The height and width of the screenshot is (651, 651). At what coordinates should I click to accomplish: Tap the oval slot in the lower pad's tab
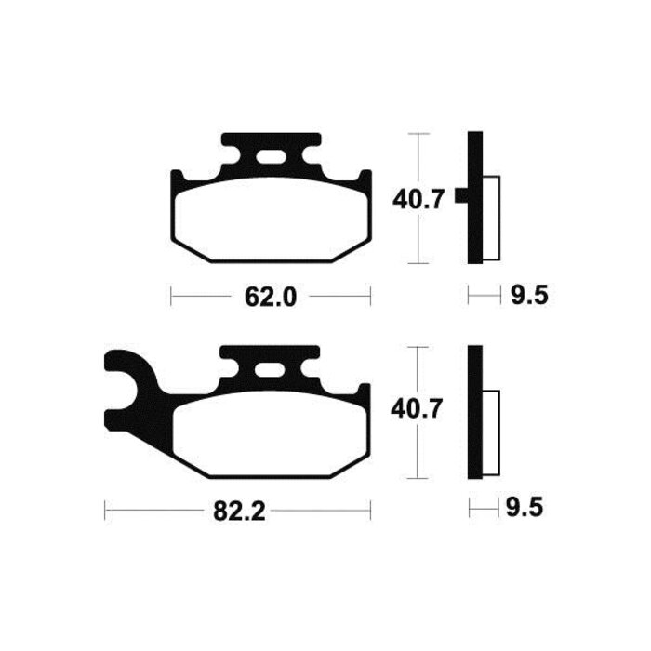[x=272, y=370]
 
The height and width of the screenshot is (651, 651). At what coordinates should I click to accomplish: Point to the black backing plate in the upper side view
[x=474, y=197]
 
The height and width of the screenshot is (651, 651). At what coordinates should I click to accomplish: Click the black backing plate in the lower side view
[x=474, y=412]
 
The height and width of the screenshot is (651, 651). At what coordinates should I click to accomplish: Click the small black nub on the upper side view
[x=459, y=196]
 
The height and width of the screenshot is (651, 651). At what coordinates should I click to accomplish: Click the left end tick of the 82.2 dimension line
[x=105, y=511]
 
